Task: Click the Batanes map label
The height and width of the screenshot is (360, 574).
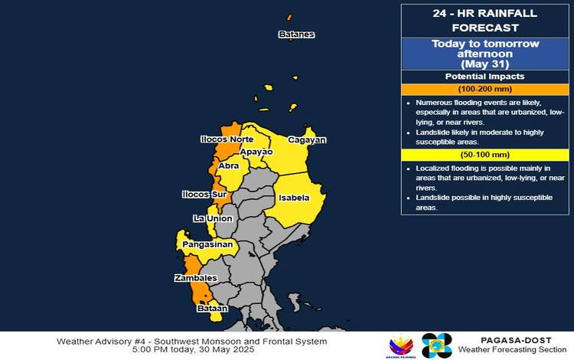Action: [x=296, y=34]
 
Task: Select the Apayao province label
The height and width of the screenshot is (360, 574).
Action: [x=256, y=152]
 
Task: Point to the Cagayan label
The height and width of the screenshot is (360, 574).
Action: [x=307, y=140]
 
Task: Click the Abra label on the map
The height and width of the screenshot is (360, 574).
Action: [x=228, y=165]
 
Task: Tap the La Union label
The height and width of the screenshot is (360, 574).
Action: [x=213, y=219]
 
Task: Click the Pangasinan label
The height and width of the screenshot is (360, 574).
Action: [x=207, y=245]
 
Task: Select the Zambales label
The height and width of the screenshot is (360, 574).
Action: [x=196, y=278]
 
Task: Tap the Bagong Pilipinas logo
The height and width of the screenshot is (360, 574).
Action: [x=400, y=345]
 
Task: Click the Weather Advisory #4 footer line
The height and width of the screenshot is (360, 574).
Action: [x=191, y=341]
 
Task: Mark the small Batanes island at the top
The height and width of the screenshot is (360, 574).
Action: [x=289, y=17]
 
